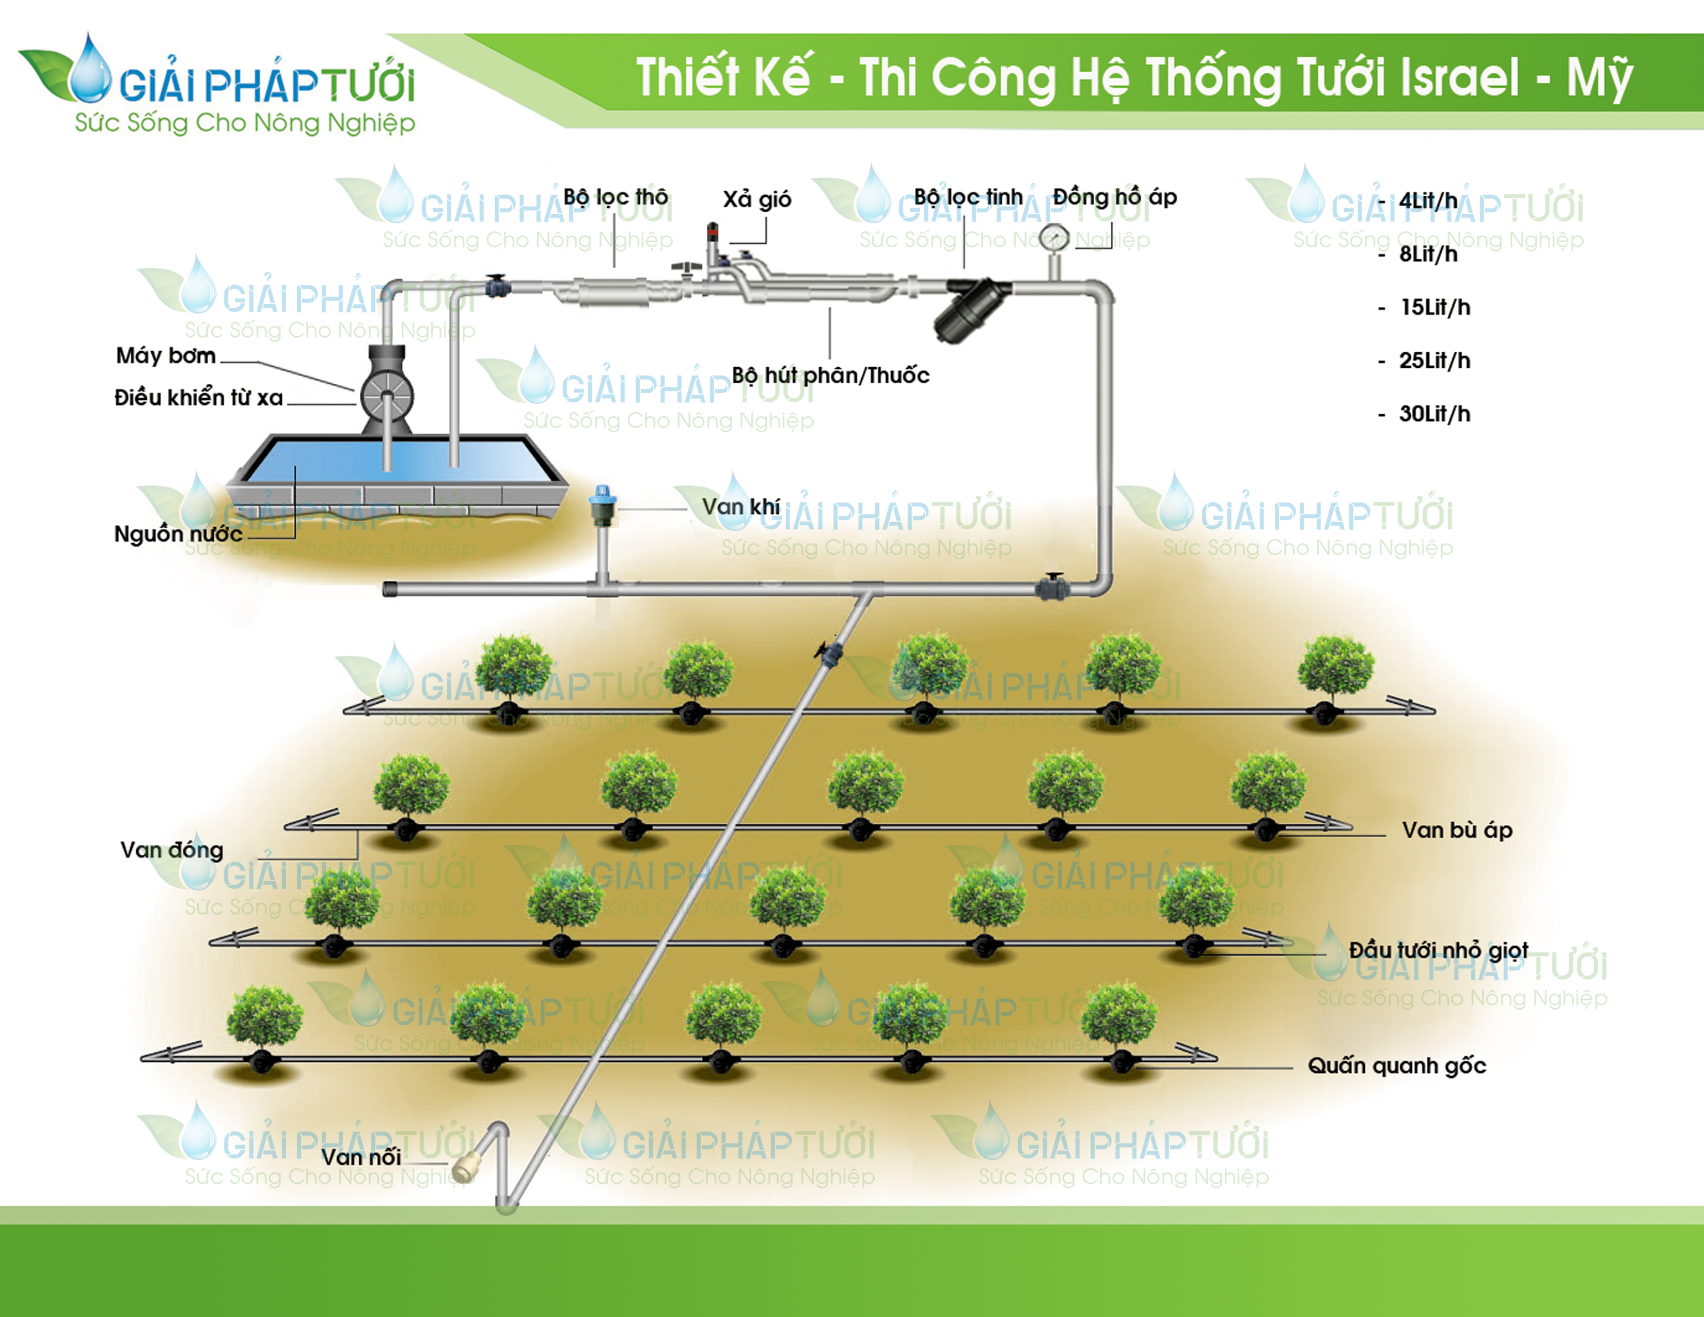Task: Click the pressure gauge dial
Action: pyautogui.click(x=1054, y=237)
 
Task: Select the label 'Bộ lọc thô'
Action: pyautogui.click(x=616, y=197)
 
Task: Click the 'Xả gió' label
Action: pyautogui.click(x=757, y=200)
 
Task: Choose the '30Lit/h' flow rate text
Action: pyautogui.click(x=1434, y=414)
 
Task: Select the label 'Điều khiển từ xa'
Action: pyautogui.click(x=198, y=398)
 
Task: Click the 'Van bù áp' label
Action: pyautogui.click(x=1457, y=830)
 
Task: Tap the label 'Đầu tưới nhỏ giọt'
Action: pyautogui.click(x=1438, y=950)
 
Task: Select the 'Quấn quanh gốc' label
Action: pyautogui.click(x=1397, y=1066)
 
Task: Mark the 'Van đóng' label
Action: pyautogui.click(x=171, y=850)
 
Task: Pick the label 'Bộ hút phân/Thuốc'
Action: pyautogui.click(x=830, y=375)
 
